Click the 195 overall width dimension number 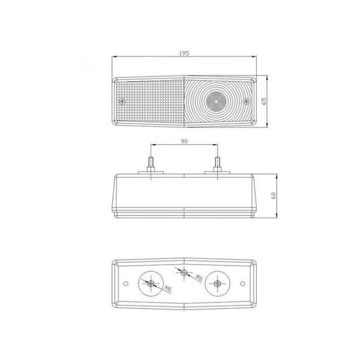click(184, 53)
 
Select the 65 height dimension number click(264, 101)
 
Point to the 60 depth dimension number click(273, 196)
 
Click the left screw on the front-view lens click(122, 101)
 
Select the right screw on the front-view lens click(246, 101)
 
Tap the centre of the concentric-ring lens click(215, 101)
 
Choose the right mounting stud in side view click(217, 164)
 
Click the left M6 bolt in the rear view click(151, 283)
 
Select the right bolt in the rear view click(217, 283)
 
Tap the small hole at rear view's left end click(126, 283)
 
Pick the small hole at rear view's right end click(242, 283)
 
